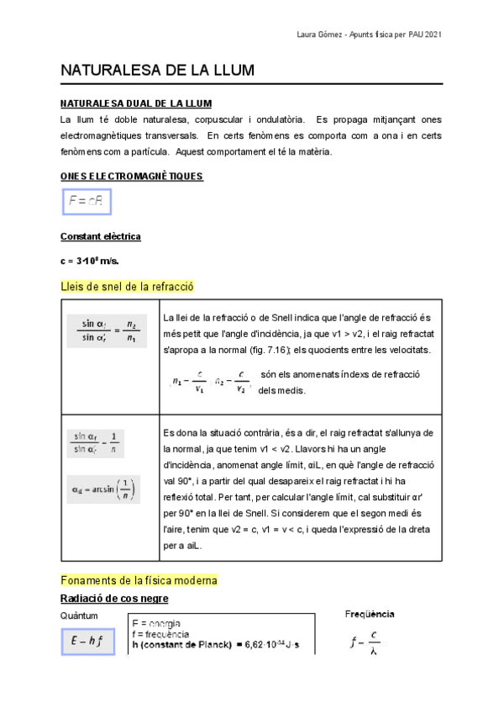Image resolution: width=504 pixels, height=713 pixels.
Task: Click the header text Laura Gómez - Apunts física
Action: (370, 34)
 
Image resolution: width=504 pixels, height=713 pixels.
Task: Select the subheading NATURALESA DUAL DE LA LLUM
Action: (136, 104)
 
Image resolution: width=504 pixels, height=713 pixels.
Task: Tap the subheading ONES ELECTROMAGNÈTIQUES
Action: (132, 177)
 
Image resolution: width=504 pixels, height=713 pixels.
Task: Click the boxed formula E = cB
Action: (87, 202)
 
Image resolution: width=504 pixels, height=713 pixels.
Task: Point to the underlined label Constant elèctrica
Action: (101, 237)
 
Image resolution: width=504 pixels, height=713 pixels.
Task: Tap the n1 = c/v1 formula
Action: (190, 382)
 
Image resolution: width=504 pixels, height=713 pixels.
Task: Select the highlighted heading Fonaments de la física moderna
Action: (139, 580)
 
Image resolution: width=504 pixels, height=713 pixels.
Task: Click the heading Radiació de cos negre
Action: (114, 599)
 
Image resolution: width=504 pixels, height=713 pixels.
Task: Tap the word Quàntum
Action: (79, 616)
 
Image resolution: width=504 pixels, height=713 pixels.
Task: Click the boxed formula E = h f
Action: (87, 642)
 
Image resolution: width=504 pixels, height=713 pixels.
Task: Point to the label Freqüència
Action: (370, 615)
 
